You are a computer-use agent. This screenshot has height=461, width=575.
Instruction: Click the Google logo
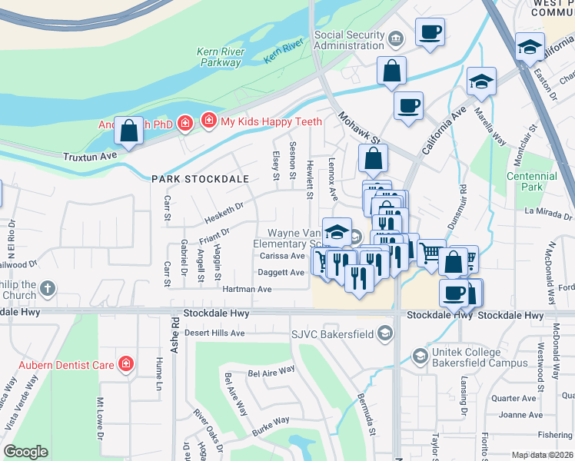[x=25, y=452]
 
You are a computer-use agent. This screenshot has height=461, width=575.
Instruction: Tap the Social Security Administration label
[x=349, y=41]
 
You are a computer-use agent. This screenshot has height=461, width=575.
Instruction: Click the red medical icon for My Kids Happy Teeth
[x=208, y=121]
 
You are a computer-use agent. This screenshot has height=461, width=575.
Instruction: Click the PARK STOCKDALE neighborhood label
[x=200, y=179]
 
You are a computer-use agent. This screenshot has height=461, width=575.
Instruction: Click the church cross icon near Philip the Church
[x=48, y=289]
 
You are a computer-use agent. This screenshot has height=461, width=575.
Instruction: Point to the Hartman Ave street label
[x=247, y=290]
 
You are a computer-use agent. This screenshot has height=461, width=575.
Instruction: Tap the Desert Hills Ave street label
[x=214, y=333]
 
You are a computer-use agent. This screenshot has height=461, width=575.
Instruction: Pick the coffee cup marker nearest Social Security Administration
[x=430, y=33]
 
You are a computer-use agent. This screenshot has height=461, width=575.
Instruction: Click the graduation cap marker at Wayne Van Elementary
[x=336, y=231]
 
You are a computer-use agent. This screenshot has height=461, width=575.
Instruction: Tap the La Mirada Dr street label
[x=550, y=210]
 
